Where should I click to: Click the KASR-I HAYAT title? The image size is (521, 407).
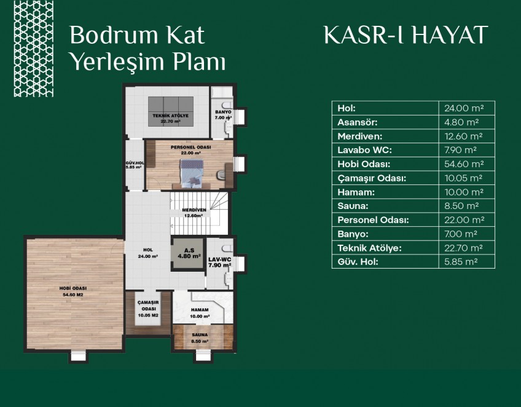(405, 34)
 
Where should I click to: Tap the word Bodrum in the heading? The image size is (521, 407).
(113, 34)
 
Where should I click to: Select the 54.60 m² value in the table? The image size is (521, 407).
(464, 164)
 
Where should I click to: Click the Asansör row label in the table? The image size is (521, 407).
(358, 122)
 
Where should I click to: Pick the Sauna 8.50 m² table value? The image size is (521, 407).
(461, 206)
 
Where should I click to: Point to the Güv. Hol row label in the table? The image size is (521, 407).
(358, 262)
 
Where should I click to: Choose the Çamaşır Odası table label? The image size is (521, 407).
(372, 178)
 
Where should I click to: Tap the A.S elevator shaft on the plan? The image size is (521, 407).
(189, 253)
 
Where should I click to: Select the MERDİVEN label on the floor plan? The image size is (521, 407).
(194, 210)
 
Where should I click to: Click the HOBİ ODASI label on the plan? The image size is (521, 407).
(73, 288)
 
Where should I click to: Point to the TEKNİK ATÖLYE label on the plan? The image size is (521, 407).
(170, 116)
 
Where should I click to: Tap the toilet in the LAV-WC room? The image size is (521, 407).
(227, 248)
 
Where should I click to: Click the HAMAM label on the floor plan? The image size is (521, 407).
(200, 310)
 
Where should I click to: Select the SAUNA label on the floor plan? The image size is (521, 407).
(200, 335)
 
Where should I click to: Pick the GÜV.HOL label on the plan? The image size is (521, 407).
(135, 163)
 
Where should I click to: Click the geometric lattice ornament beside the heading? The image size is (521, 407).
(34, 49)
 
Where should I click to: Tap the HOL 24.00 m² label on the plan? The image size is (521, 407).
(148, 253)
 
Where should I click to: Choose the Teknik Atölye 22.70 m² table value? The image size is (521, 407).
(463, 248)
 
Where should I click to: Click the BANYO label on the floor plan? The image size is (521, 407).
(223, 112)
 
